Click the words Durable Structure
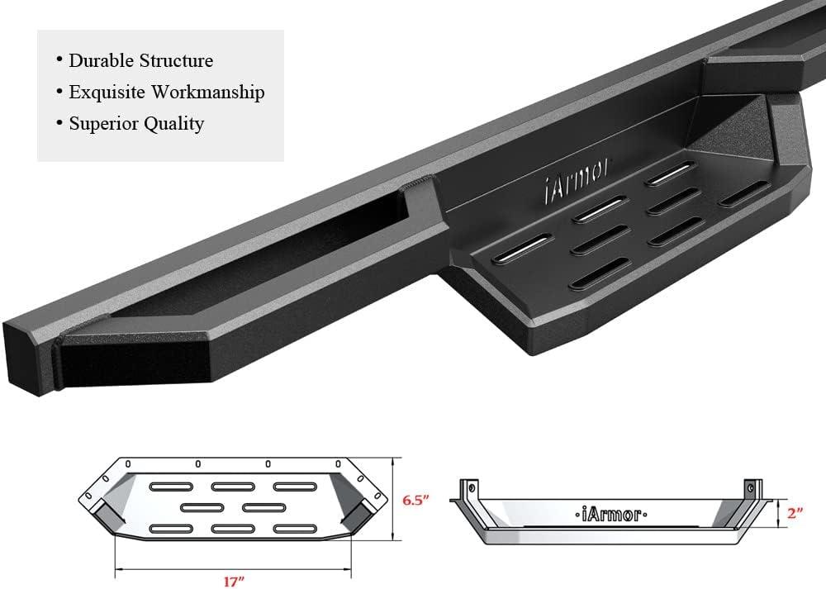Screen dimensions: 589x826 (x=140, y=60)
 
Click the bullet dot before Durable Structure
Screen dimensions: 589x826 (x=59, y=60)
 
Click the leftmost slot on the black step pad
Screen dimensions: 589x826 (x=521, y=248)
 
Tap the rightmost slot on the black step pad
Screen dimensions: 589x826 (x=743, y=192)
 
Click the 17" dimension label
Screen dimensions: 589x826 (x=234, y=581)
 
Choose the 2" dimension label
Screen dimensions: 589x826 (x=795, y=512)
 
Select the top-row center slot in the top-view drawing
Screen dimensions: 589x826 (x=233, y=487)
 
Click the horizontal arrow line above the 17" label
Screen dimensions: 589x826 (x=234, y=568)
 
